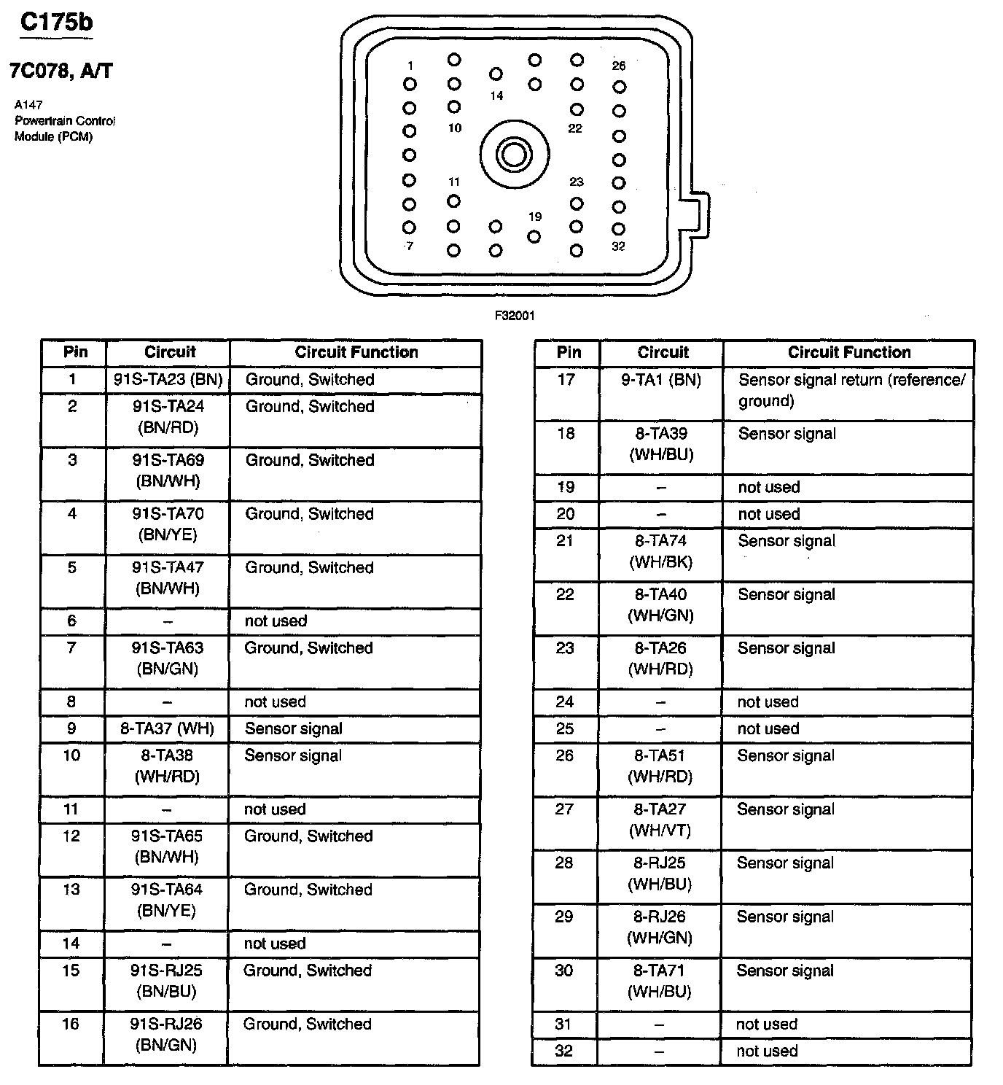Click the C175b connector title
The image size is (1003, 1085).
(57, 23)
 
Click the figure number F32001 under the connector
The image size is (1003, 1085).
(515, 316)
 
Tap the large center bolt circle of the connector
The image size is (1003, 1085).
(515, 155)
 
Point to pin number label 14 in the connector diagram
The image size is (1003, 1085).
(496, 96)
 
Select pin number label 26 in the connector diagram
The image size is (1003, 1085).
(619, 66)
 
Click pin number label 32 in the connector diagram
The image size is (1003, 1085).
(618, 246)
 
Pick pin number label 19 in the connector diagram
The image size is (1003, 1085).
(535, 217)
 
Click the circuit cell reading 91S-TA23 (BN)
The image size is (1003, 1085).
(168, 379)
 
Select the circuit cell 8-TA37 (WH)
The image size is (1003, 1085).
(168, 728)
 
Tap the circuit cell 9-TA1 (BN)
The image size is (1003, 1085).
(661, 379)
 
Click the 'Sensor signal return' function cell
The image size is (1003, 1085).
(851, 390)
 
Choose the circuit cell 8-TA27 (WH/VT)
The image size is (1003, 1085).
(661, 820)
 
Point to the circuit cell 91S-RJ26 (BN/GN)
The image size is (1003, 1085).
(167, 1034)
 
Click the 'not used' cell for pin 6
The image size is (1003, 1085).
(276, 621)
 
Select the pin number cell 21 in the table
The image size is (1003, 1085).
(566, 541)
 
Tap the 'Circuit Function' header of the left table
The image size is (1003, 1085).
(356, 352)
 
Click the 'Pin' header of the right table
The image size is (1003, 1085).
(569, 352)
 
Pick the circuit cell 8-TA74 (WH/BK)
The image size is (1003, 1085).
(661, 551)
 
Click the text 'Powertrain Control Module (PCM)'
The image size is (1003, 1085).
(65, 128)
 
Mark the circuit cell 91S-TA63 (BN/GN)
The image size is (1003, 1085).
(168, 658)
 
